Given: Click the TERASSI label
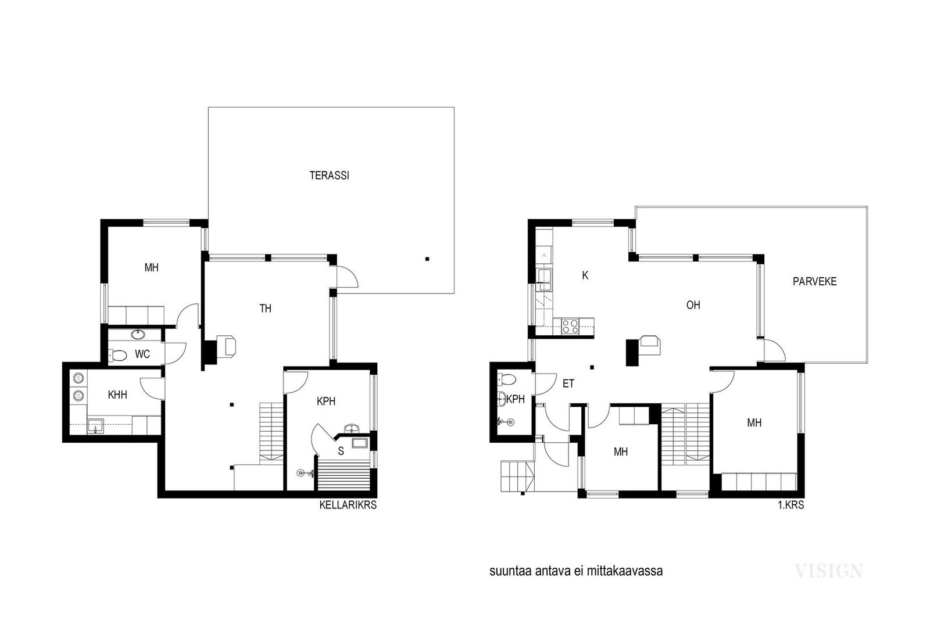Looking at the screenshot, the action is (329, 175).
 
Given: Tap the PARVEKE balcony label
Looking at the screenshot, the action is (814, 281).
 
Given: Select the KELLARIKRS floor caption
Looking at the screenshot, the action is (348, 505).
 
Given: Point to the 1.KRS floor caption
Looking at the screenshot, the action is (791, 505).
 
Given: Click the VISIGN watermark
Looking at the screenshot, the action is (829, 571).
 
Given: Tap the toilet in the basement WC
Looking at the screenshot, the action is (117, 355).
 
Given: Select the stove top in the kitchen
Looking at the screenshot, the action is (570, 326).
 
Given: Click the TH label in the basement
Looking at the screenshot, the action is (265, 309).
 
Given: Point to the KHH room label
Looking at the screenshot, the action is (117, 395).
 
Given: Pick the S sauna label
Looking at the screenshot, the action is (341, 451).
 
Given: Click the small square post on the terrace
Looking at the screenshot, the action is (427, 259).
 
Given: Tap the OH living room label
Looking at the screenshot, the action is (693, 305).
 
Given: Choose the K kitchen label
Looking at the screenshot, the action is (585, 275).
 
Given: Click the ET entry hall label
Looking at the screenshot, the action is (568, 384).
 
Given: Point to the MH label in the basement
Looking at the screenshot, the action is (152, 268).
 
